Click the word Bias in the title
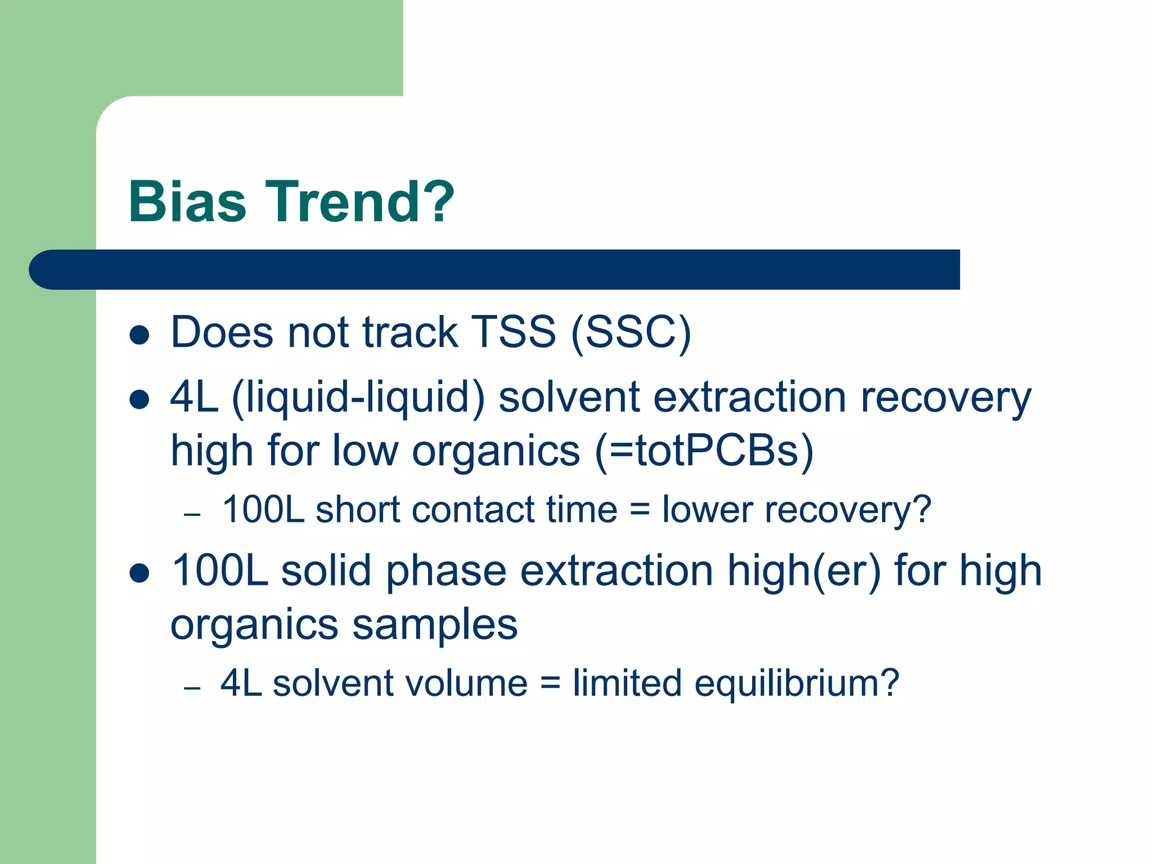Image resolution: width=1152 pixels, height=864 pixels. tap(187, 202)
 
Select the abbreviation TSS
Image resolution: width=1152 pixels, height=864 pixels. tap(512, 332)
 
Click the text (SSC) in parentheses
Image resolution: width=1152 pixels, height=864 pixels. tap(631, 333)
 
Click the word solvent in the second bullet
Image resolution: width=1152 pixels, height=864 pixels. tap(569, 397)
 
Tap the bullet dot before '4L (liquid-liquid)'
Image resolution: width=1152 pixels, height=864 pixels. tap(139, 400)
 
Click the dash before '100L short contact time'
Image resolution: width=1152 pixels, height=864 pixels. tap(192, 514)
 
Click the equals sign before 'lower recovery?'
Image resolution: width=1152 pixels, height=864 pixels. tap(640, 510)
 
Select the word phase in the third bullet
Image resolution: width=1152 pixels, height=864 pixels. tap(446, 571)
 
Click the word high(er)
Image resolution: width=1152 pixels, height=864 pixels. tap(804, 571)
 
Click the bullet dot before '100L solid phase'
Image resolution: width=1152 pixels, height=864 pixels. tap(139, 573)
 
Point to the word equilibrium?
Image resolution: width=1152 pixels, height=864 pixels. tap(796, 683)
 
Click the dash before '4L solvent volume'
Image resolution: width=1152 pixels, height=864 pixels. tap(192, 687)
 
